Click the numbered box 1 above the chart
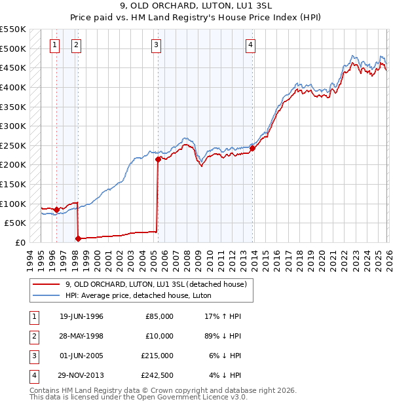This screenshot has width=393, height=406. pyautogui.click(x=54, y=45)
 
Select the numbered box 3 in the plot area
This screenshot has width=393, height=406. pyautogui.click(x=157, y=45)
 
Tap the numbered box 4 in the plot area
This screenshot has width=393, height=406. pyautogui.click(x=251, y=45)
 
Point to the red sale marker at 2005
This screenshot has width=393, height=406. pyautogui.click(x=158, y=159)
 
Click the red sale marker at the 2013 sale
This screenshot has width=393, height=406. pyautogui.click(x=253, y=148)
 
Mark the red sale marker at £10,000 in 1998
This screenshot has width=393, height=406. pyautogui.click(x=78, y=238)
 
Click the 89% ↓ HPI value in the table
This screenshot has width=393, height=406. pyautogui.click(x=222, y=336)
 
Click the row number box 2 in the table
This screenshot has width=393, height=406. pyautogui.click(x=33, y=336)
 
